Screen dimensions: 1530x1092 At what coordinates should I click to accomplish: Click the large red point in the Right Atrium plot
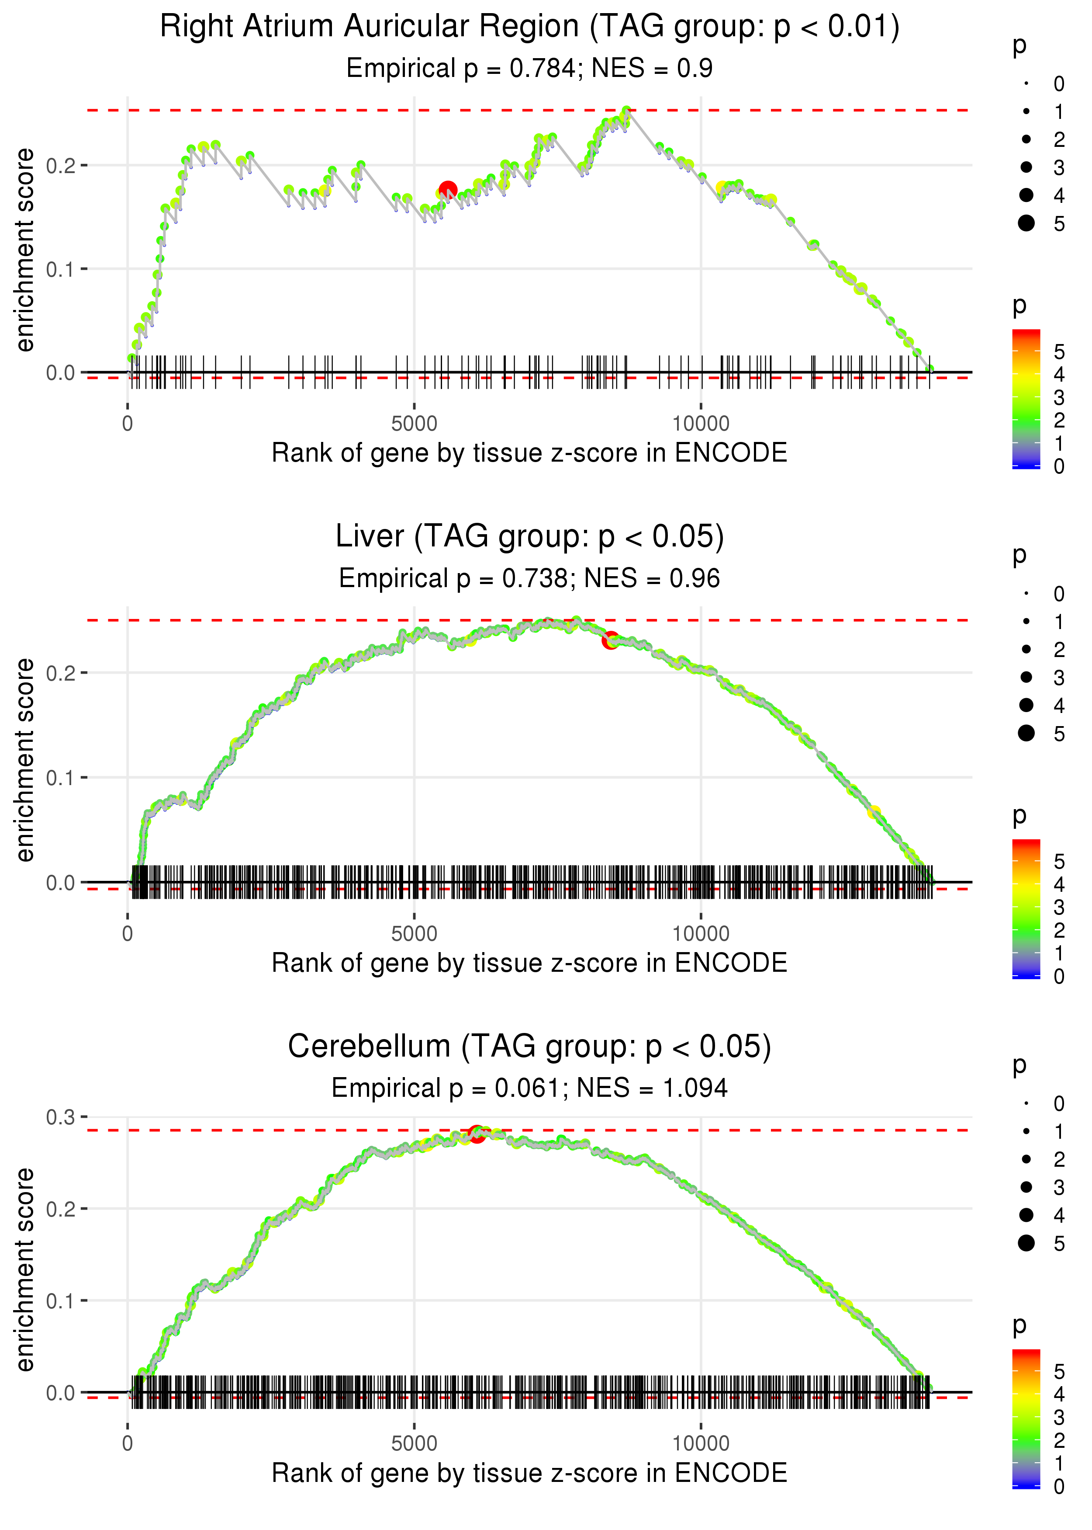[x=448, y=191]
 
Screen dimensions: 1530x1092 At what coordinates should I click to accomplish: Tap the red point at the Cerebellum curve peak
[x=477, y=1134]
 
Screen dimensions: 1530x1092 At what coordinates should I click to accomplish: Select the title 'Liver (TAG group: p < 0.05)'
[x=529, y=536]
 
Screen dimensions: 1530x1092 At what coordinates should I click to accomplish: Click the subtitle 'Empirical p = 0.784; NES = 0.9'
[x=529, y=68]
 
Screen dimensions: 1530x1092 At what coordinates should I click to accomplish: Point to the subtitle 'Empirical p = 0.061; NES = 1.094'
[x=529, y=1088]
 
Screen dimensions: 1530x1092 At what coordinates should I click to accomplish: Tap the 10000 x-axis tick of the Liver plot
[x=701, y=933]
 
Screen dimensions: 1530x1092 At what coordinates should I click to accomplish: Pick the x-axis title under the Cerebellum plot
[x=529, y=1473]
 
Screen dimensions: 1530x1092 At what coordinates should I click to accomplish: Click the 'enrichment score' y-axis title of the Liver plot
[x=25, y=760]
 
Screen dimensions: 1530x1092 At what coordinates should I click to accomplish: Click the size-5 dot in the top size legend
[x=1026, y=223]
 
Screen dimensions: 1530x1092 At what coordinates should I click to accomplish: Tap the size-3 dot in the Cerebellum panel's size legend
[x=1026, y=1187]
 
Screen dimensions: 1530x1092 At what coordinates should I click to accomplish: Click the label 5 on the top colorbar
[x=1059, y=351]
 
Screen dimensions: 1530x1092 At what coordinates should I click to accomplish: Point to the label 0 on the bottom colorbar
[x=1059, y=1485]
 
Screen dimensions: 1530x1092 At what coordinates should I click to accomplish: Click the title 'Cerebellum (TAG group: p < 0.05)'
[x=529, y=1046]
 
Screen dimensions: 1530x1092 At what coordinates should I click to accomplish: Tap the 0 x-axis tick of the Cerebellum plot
[x=128, y=1443]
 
